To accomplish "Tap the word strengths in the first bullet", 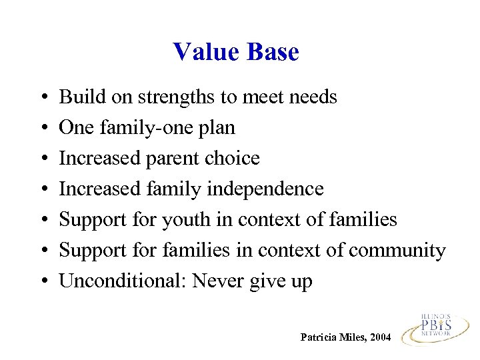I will pyautogui.click(x=177, y=98).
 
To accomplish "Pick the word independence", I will pyautogui.click(x=265, y=190).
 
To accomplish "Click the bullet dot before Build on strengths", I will pyautogui.click(x=42, y=98).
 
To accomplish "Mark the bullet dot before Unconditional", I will pyautogui.click(x=42, y=282).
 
